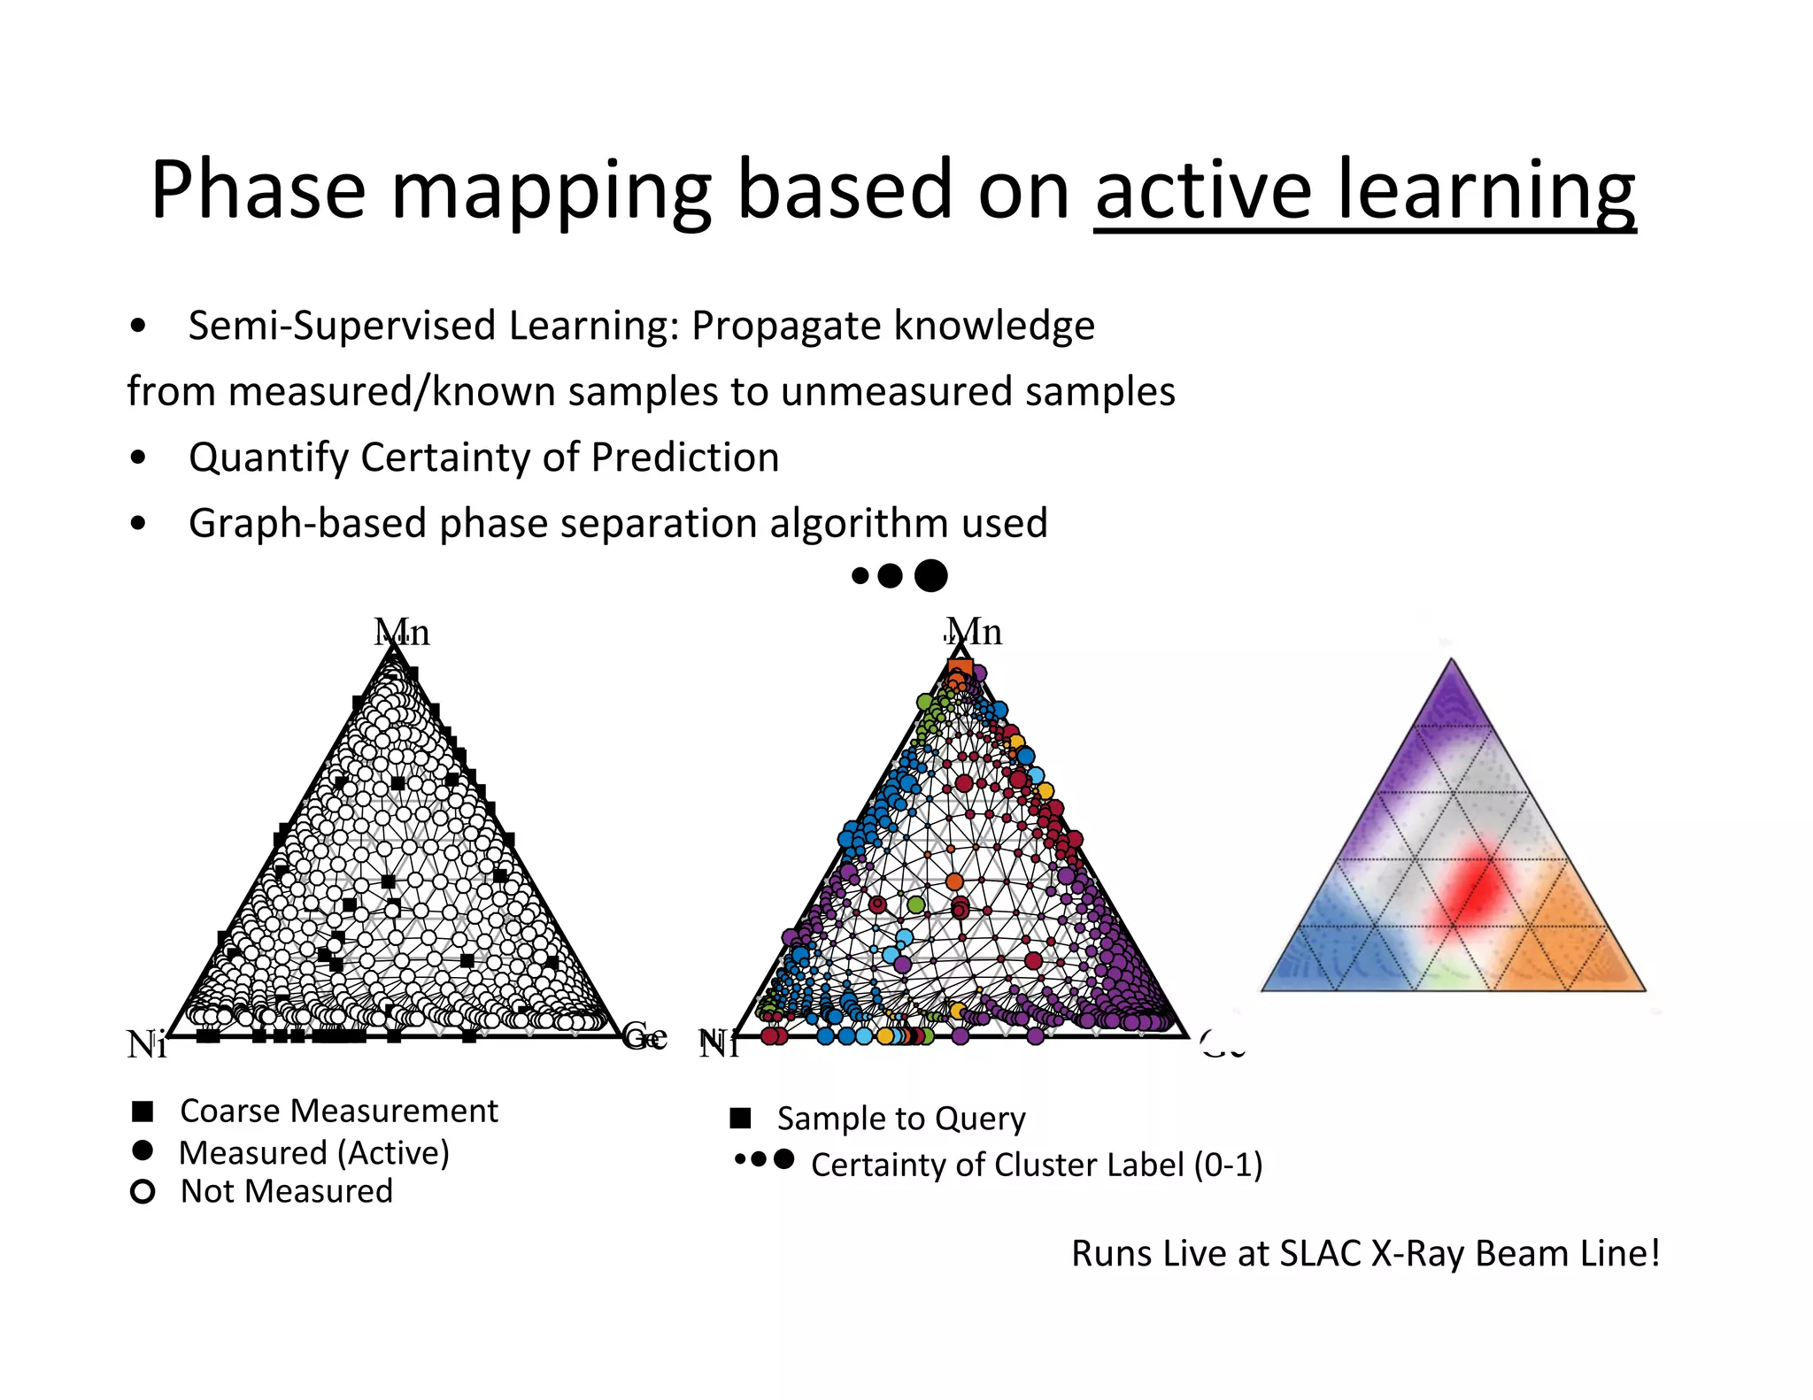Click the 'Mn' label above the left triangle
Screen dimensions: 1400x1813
402,633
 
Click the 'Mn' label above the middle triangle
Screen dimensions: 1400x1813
974,632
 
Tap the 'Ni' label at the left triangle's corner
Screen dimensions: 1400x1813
146,1044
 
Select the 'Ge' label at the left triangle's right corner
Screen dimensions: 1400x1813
644,1035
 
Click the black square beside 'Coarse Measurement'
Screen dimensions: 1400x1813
143,1112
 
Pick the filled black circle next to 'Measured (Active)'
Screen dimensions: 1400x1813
142,1150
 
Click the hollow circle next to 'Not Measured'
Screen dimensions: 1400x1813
143,1192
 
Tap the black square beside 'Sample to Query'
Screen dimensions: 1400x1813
740,1119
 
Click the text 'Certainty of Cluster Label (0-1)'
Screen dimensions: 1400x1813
1036,1165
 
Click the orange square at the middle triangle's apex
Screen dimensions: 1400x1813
960,669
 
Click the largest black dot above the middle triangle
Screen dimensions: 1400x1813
930,576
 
